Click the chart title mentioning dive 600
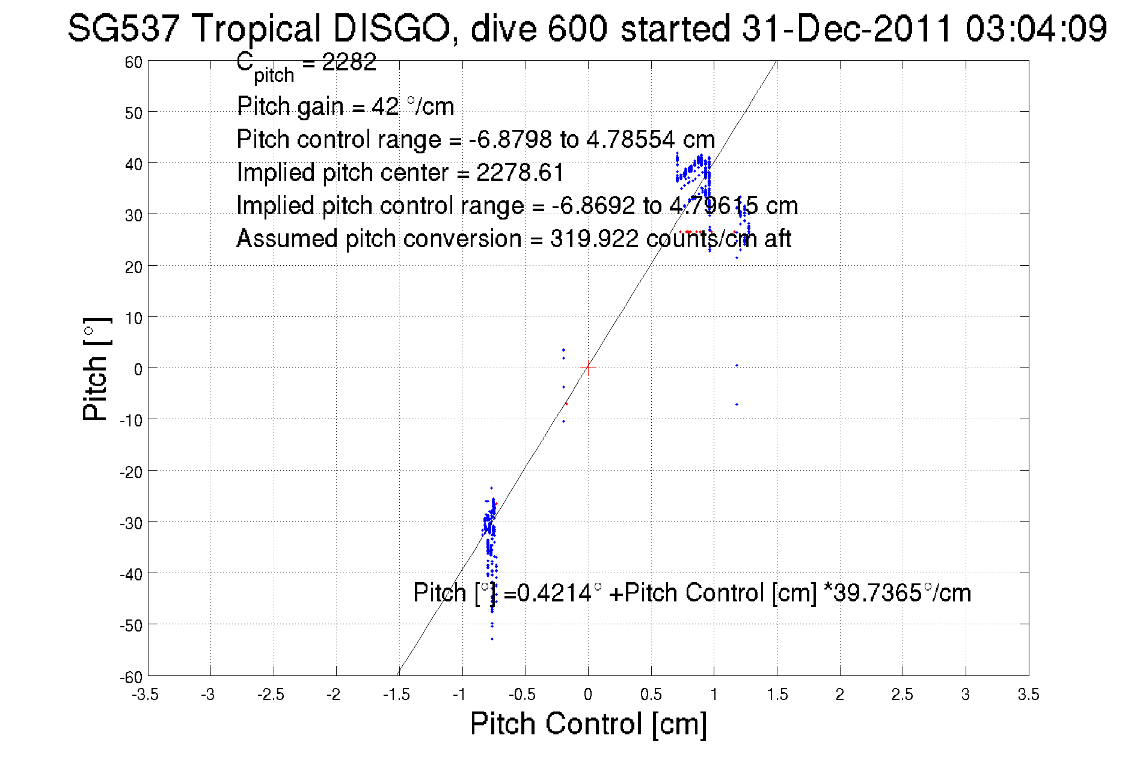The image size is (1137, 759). pos(586,29)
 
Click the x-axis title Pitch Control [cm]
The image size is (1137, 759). pos(588,724)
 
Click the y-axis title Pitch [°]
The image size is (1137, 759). pos(96,369)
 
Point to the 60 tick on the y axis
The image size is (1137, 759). pos(133,63)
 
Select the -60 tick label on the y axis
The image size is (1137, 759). pos(130,678)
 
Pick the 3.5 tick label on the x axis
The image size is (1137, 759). pos(1028,695)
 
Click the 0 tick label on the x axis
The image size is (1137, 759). pos(588,695)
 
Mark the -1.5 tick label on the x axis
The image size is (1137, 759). pos(397,695)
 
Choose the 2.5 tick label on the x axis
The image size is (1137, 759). pos(902,695)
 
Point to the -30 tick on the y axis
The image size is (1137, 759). pos(130,523)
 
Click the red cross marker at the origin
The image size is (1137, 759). pos(588,367)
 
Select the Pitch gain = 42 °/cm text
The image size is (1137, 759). pos(345,106)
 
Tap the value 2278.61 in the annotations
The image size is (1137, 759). pos(520,173)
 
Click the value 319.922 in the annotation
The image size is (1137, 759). pos(593,239)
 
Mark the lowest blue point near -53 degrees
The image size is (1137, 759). pos(492,639)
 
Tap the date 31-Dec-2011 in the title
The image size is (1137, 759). pos(847,29)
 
